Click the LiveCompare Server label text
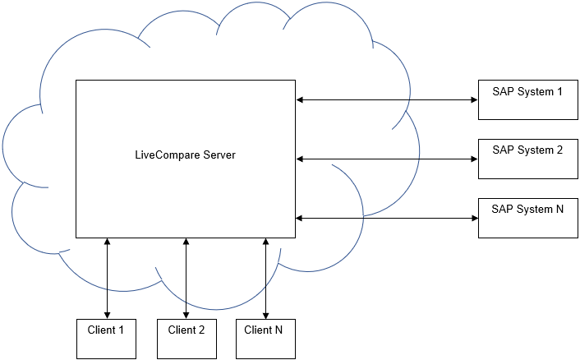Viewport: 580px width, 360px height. tap(185, 154)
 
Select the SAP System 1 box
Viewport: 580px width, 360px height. tap(527, 99)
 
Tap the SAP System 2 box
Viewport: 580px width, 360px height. tap(527, 159)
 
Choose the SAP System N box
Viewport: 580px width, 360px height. tap(527, 218)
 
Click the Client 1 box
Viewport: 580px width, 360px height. tap(106, 338)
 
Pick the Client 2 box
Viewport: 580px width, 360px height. tap(186, 338)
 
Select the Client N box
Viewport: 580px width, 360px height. tap(265, 338)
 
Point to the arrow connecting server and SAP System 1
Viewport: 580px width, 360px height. tap(386, 99)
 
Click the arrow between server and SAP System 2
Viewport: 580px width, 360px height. tap(386, 159)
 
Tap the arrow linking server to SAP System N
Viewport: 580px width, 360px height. tap(386, 218)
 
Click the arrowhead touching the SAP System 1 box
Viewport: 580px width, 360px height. tap(474, 99)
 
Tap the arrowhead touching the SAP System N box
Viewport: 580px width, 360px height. tap(474, 218)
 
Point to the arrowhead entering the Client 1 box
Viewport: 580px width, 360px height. tap(107, 314)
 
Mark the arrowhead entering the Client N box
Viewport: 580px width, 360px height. tap(265, 314)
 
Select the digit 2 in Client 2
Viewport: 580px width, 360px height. tap(201, 330)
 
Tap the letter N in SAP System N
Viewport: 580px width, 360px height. tap(559, 209)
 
